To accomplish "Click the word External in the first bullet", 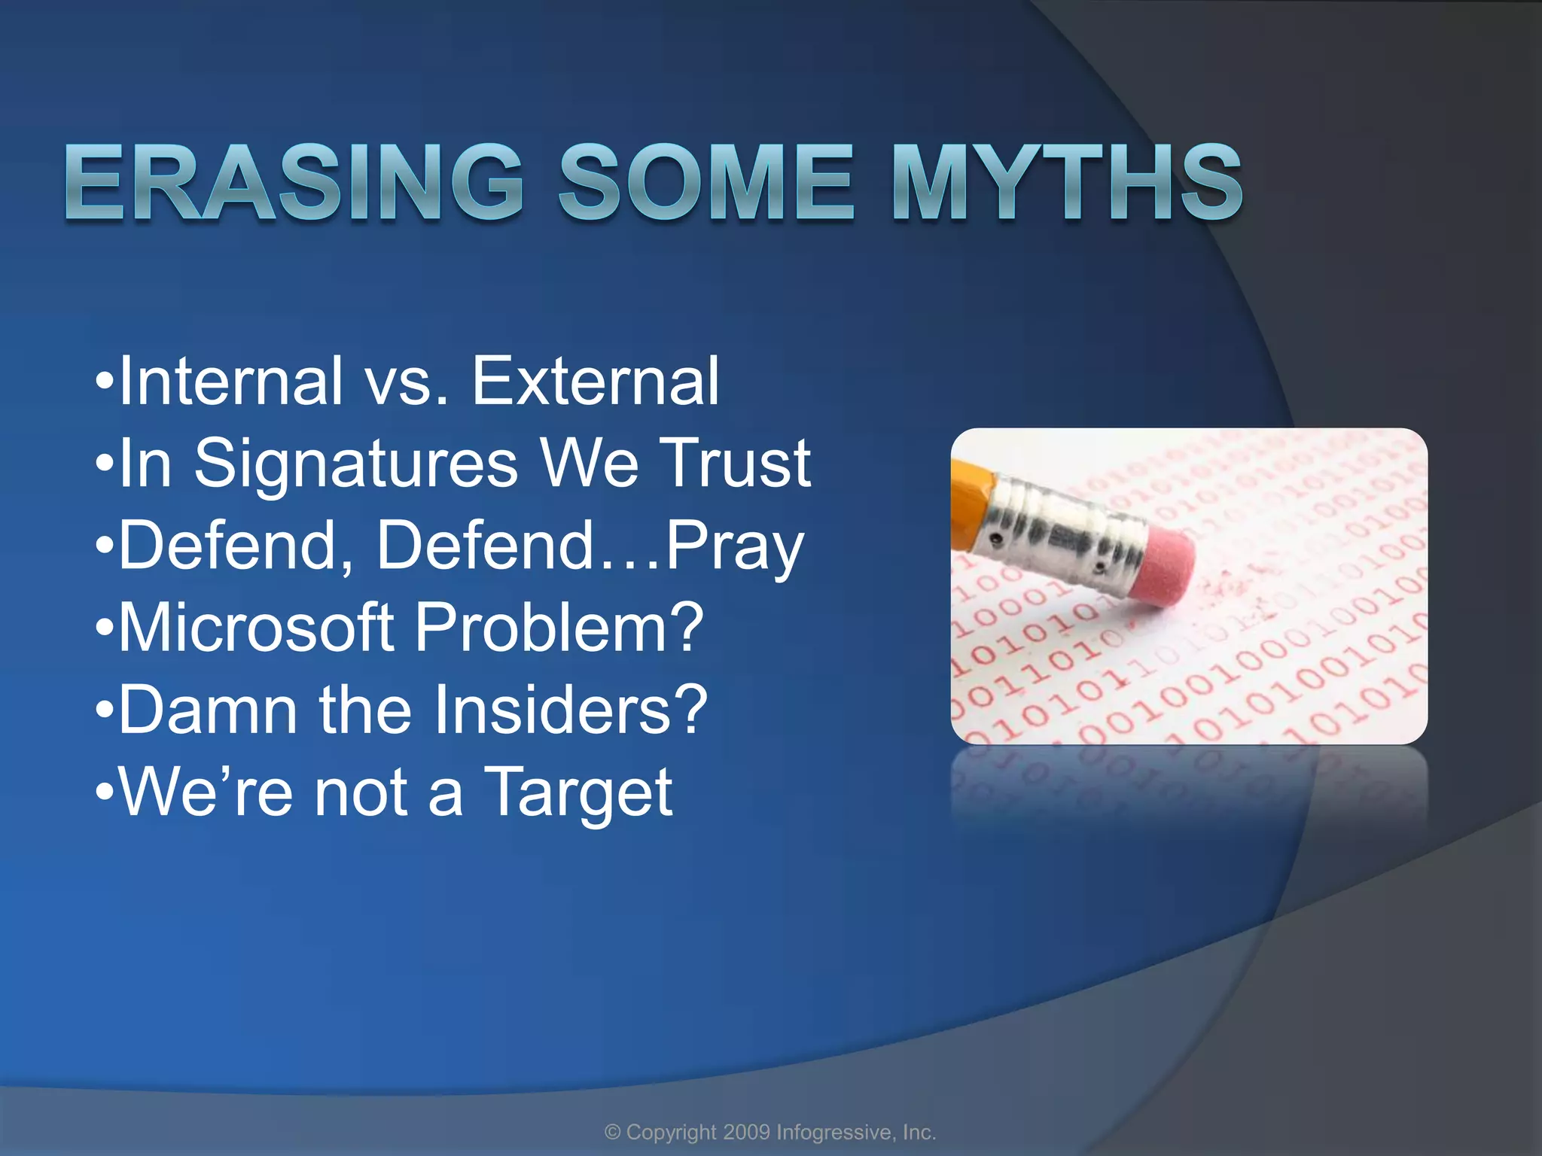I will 595,382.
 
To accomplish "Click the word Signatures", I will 356,464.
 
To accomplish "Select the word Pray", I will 735,547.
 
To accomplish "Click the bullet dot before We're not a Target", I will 105,794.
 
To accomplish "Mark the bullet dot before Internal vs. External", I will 105,383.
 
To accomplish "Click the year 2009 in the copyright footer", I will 746,1132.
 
